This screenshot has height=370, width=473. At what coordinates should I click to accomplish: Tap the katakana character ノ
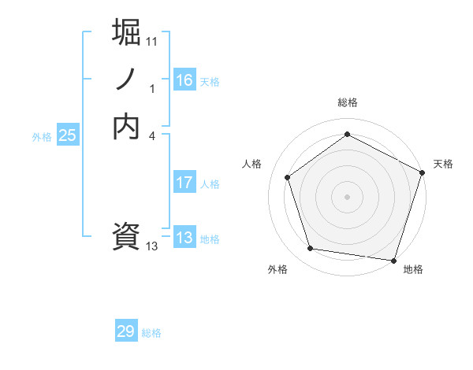coord(127,80)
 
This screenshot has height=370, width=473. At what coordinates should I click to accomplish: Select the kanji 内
coord(127,126)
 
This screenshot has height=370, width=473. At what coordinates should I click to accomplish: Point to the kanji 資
coord(127,236)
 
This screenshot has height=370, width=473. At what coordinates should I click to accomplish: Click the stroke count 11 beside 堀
coord(152,41)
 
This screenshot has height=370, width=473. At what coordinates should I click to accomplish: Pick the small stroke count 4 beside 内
coord(152,135)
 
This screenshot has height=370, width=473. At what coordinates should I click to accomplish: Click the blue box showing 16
coord(184,80)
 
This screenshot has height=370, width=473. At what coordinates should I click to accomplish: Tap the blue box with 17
coord(184,183)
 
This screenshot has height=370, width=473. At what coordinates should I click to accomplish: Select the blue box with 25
coord(68,135)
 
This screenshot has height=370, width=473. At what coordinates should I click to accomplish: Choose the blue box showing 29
coord(126,331)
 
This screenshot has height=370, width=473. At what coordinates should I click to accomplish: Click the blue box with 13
coord(184,238)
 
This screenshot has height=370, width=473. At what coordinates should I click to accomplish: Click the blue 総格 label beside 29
coord(152,333)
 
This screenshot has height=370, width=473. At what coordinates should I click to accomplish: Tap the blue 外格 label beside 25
coord(42,137)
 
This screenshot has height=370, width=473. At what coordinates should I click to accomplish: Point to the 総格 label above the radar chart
coord(348,102)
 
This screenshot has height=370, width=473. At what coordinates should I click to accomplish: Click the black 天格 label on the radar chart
coord(443,164)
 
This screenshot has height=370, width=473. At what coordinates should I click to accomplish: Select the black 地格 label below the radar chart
coord(413,269)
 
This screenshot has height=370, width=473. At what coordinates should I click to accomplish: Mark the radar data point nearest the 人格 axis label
coord(288,177)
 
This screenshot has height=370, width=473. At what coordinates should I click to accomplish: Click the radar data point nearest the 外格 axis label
coord(311,249)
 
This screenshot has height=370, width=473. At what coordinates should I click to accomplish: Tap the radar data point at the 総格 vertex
coord(348,134)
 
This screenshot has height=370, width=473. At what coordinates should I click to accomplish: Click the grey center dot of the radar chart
coord(348,196)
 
